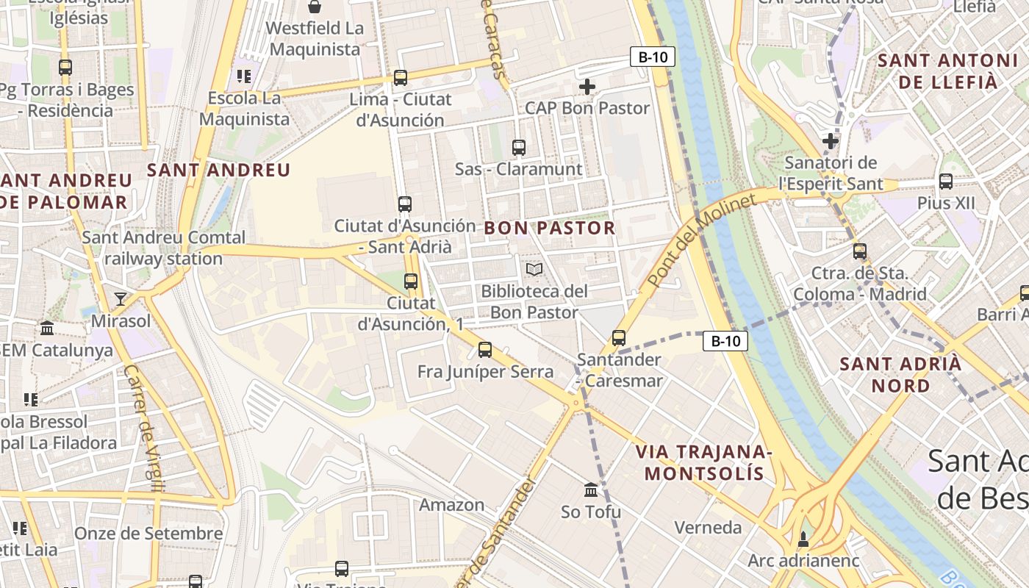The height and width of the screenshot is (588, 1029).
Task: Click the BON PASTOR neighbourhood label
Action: click(549, 228)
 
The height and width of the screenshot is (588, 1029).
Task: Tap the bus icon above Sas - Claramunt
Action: click(519, 148)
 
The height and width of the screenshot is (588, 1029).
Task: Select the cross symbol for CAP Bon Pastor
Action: click(587, 87)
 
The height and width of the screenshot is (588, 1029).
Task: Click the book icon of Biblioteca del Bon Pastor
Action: click(534, 270)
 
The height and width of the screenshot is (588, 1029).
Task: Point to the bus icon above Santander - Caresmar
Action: click(619, 338)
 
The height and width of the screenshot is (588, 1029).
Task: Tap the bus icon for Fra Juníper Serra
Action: click(485, 350)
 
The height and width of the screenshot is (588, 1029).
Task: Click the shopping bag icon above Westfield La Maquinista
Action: click(315, 7)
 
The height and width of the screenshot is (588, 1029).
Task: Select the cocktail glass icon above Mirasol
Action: click(121, 299)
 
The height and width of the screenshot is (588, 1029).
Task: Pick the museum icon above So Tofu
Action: click(591, 490)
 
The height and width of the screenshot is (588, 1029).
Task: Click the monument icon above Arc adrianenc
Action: click(803, 539)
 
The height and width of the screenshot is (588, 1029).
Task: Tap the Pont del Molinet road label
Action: click(701, 242)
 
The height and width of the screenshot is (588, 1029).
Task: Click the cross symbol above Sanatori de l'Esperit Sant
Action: click(831, 140)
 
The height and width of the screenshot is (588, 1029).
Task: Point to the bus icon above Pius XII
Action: click(946, 181)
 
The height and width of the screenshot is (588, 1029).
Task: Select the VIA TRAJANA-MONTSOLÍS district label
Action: click(703, 462)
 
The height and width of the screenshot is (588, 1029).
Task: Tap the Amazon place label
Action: click(451, 505)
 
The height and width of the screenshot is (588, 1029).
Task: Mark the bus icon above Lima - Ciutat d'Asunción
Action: click(401, 77)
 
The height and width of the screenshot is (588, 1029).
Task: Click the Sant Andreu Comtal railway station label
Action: click(163, 248)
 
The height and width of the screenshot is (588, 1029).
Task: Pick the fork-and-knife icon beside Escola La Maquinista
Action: click(244, 76)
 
